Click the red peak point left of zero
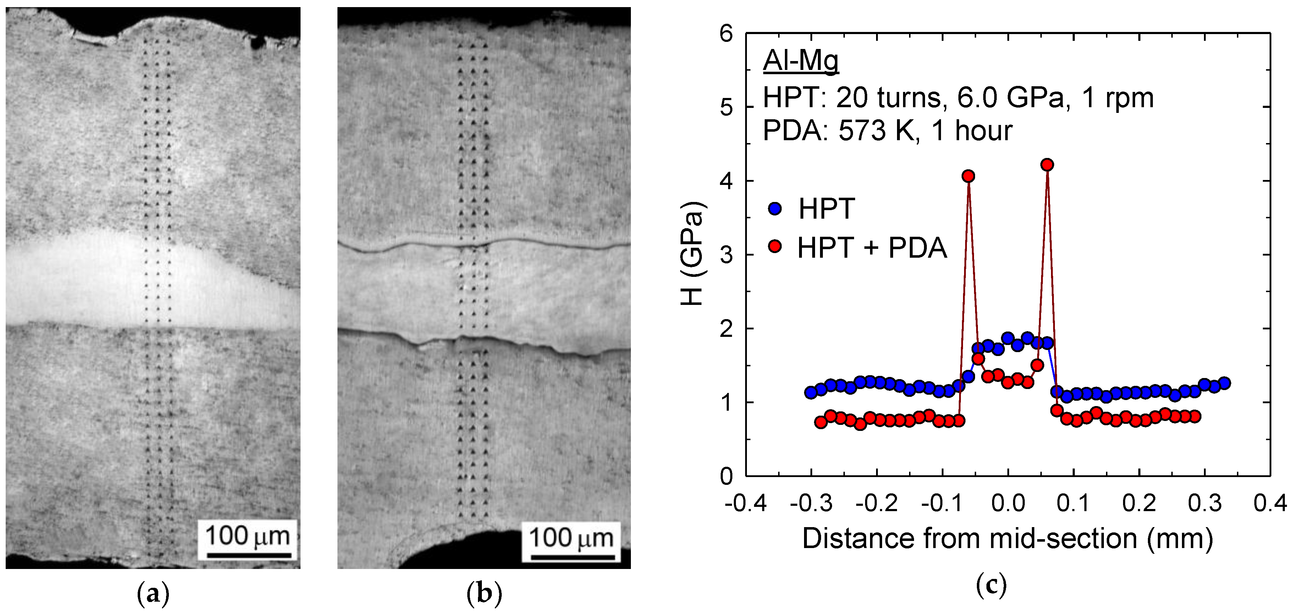coord(969,176)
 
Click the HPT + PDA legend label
coord(872,247)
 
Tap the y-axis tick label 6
coord(726,34)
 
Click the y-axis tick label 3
coord(726,255)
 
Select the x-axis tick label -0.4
coord(745,503)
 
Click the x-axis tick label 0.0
coord(1008,503)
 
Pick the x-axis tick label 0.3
coord(1205,503)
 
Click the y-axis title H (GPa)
coord(693,253)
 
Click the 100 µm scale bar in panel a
coord(249,555)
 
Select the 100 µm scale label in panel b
coord(571,538)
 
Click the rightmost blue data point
coord(1224,383)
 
